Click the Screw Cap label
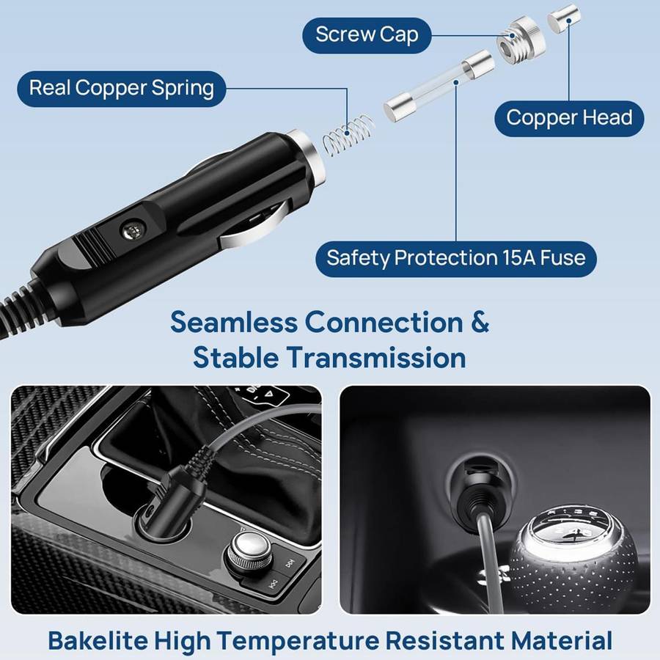[x=366, y=34]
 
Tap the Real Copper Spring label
[x=122, y=89]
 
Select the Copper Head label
[x=569, y=118]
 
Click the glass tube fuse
[x=438, y=87]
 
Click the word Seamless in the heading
[x=234, y=323]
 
